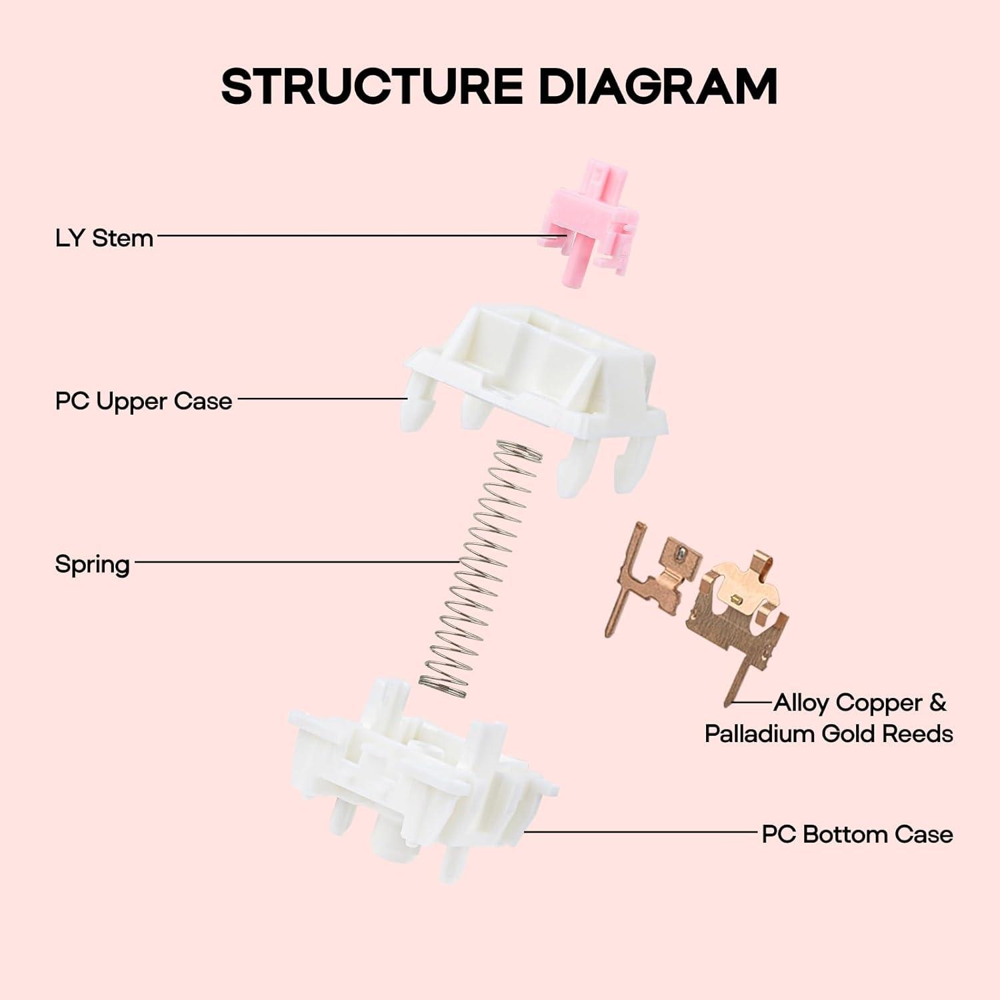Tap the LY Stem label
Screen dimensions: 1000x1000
click(x=104, y=238)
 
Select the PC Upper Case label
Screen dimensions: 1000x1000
click(x=143, y=401)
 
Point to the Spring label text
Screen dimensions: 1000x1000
click(x=92, y=564)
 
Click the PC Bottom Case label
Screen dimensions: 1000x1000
click(x=857, y=834)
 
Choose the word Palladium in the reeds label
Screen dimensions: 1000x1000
click(x=760, y=733)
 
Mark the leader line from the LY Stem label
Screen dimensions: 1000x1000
click(x=347, y=235)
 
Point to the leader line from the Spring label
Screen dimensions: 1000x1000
click(x=293, y=562)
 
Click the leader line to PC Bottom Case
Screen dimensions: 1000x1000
click(x=640, y=832)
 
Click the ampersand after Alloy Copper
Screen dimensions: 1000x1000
click(x=937, y=703)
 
